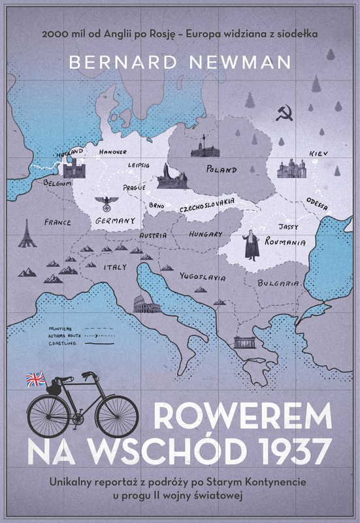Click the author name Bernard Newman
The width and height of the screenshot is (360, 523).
180,61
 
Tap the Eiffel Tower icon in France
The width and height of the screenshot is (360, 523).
27,233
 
